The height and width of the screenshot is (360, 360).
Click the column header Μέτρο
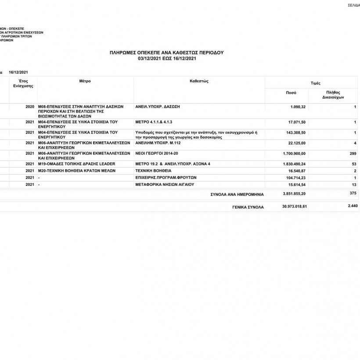coord(85,82)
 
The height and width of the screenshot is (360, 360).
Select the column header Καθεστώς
coord(199,82)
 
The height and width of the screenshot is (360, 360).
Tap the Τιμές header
coord(315,83)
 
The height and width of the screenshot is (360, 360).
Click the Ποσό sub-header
coord(291,93)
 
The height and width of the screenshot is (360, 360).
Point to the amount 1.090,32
coord(298,107)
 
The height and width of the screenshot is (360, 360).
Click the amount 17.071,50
coord(297,122)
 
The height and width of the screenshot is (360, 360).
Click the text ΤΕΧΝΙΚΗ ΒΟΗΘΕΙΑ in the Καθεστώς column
coord(153,170)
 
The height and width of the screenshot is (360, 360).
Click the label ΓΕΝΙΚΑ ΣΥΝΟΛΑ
coord(248,207)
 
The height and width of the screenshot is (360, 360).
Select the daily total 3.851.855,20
coord(294,193)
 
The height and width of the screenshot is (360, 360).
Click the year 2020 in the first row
coord(30,107)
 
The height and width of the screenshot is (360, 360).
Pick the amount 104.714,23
coord(296,178)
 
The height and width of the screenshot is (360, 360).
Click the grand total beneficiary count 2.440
coord(352,206)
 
